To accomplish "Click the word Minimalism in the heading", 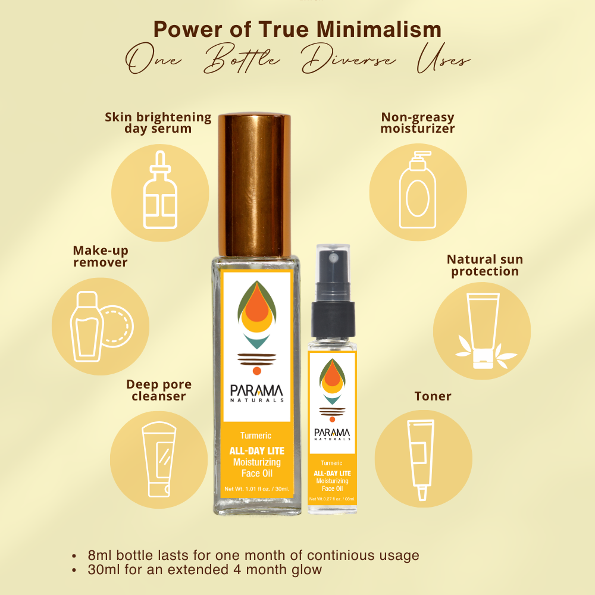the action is (378, 29).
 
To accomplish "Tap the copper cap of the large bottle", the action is (254, 185).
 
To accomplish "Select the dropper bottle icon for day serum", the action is (160, 190).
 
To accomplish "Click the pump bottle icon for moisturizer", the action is (418, 190).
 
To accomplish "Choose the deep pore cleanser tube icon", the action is (159, 459).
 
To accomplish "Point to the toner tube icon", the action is (421, 459).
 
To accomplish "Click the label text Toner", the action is (433, 396).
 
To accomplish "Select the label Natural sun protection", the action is (485, 265).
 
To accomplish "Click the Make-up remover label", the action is (101, 256).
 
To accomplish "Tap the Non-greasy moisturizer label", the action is (418, 123).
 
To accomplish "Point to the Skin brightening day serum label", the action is (158, 123).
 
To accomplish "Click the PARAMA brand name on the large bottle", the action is (256, 391).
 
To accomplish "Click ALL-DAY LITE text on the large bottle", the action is (257, 451).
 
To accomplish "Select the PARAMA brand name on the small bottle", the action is (332, 433).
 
